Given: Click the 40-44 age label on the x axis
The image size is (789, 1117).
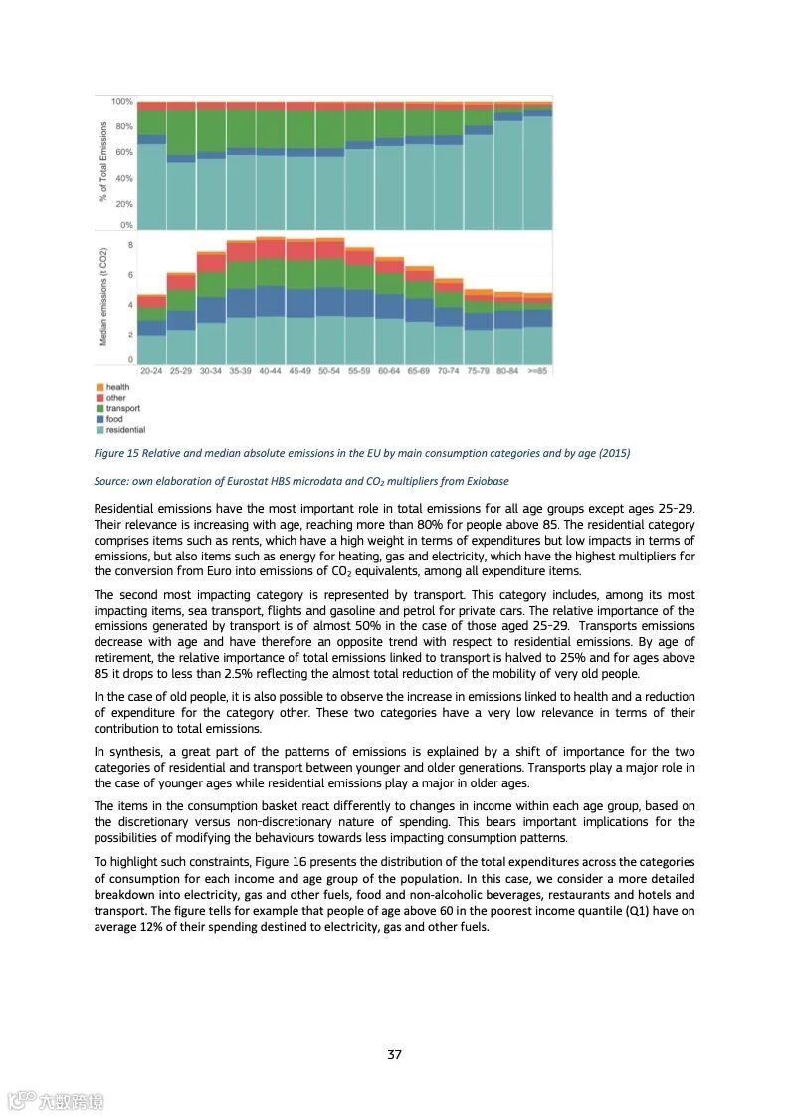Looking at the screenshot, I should click(x=271, y=370).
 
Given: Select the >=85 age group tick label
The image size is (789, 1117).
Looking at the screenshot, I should click(x=537, y=370).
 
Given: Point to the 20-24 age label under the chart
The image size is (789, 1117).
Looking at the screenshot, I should click(x=151, y=370).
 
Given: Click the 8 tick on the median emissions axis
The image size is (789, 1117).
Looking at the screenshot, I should click(x=129, y=244).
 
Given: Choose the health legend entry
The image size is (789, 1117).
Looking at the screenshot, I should click(x=117, y=387).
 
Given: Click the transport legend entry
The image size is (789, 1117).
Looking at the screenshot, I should click(x=122, y=408).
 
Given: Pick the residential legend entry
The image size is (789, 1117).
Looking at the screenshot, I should click(x=125, y=430).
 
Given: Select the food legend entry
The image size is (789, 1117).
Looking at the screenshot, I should click(x=115, y=419).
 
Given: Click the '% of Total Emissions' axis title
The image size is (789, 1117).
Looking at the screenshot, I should click(x=102, y=161).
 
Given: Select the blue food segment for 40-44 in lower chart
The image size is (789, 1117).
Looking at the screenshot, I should click(x=271, y=301).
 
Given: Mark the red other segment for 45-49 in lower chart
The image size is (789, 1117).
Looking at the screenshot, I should click(x=300, y=250).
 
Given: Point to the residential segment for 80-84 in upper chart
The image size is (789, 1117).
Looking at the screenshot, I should click(x=507, y=174).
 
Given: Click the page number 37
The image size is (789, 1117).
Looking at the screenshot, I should click(x=394, y=1055).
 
